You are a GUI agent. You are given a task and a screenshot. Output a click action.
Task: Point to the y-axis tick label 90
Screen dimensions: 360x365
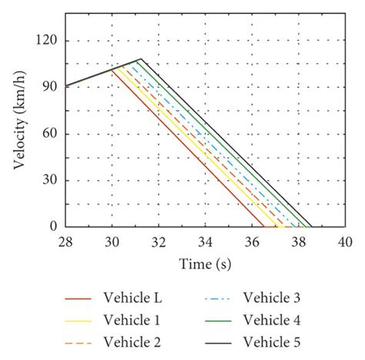click(52, 86)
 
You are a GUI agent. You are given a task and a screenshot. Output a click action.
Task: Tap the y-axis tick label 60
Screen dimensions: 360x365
click(52, 133)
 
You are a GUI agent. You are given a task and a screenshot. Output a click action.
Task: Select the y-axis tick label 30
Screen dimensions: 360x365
click(52, 180)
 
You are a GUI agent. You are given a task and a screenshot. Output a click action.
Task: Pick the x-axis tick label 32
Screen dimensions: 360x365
click(159, 242)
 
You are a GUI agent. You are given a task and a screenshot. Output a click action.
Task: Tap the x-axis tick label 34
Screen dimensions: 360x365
click(206, 242)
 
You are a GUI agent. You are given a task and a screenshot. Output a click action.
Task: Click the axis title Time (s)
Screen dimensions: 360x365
click(205, 264)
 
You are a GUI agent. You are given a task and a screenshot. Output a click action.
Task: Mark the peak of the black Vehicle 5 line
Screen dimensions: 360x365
click(140, 59)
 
